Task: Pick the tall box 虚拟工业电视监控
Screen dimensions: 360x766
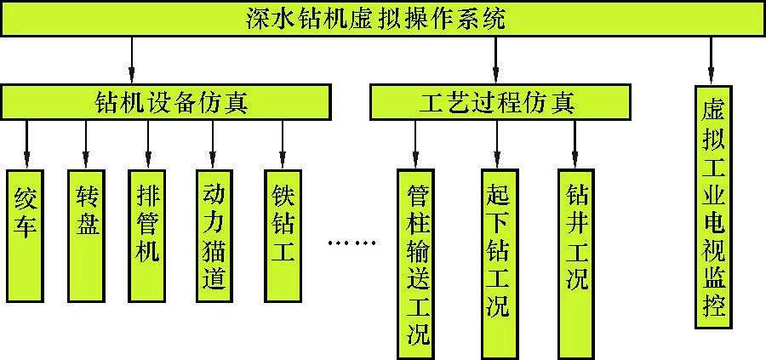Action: click(713, 206)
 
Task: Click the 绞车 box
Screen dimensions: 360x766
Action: click(26, 234)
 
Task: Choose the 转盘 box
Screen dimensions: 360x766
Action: click(85, 234)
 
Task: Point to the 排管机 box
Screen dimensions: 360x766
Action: click(147, 234)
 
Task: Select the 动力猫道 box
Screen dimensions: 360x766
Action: click(214, 234)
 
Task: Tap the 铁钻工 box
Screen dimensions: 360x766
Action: click(282, 234)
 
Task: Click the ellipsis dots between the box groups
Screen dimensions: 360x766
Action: click(352, 243)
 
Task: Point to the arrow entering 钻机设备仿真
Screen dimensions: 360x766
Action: click(133, 60)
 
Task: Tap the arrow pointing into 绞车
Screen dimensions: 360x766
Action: click(26, 143)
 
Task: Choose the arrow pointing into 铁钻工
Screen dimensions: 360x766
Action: click(282, 143)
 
